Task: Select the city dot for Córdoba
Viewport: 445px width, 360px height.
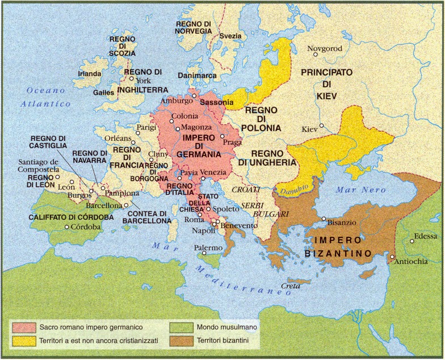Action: click(66, 227)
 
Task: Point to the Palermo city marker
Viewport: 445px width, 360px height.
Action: click(204, 254)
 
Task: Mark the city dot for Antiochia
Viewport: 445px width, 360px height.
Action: click(392, 258)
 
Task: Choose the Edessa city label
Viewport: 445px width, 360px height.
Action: click(426, 236)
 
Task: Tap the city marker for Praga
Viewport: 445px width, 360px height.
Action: click(222, 136)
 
